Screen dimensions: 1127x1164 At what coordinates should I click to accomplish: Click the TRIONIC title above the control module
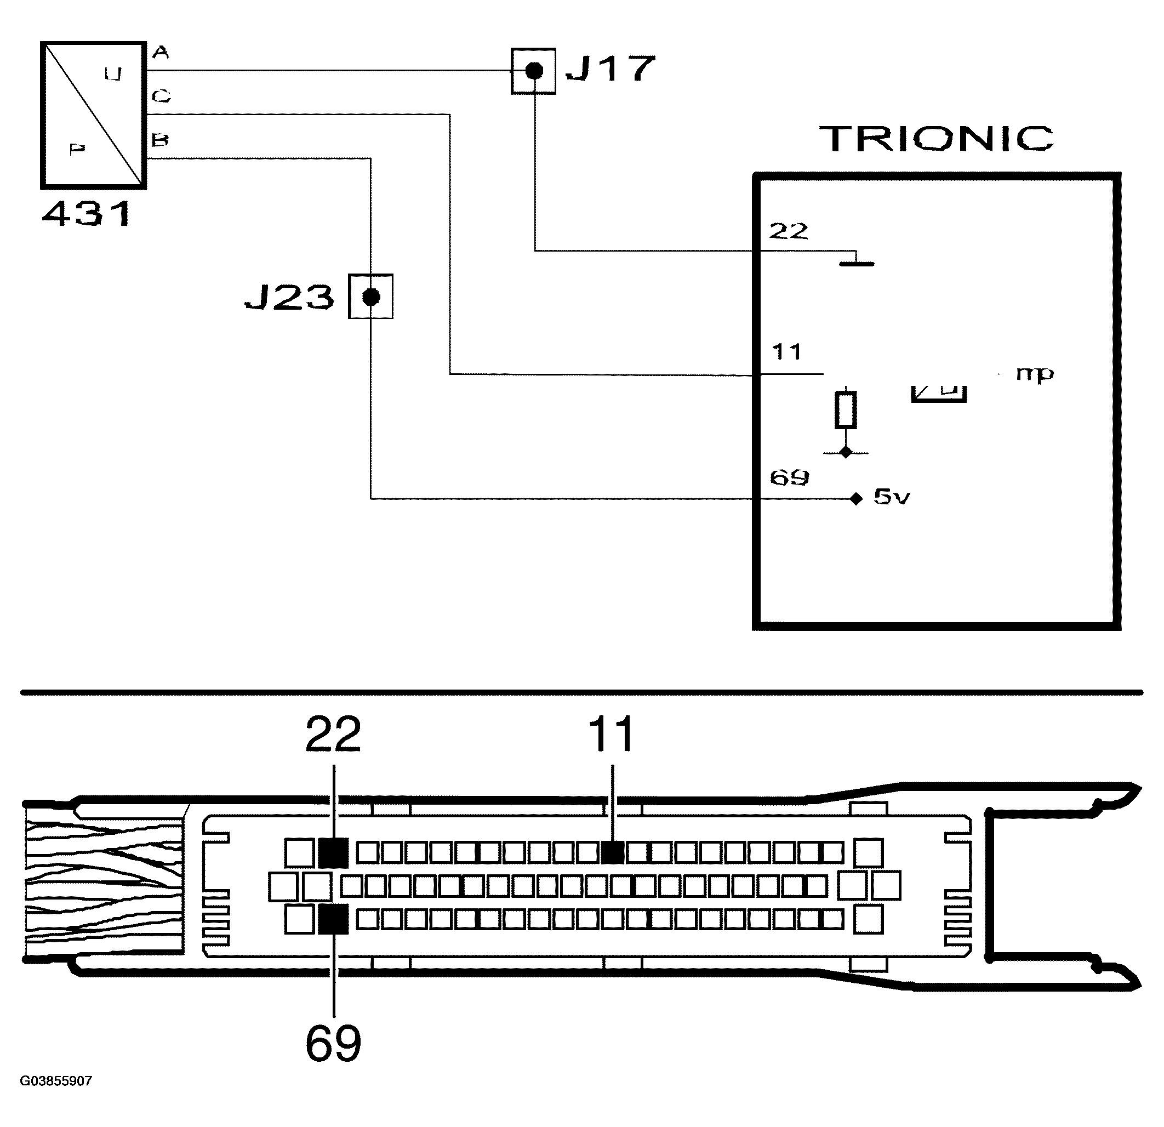tap(937, 139)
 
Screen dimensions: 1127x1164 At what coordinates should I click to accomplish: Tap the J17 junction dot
tap(534, 71)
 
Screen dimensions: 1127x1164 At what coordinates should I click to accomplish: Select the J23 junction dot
tap(370, 297)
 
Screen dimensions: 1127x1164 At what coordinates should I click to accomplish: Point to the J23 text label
tap(290, 297)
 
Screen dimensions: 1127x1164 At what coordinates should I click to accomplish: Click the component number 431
tap(87, 214)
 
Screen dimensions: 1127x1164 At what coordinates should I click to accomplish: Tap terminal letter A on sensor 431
tap(161, 53)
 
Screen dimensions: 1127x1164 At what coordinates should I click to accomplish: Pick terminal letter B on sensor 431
tap(160, 140)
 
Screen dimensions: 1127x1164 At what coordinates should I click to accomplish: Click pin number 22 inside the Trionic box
tap(789, 231)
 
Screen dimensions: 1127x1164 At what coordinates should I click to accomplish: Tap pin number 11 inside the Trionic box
tap(787, 352)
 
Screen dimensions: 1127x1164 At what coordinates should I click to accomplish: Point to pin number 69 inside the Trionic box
tap(789, 477)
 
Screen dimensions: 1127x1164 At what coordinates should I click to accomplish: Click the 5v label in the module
tap(892, 497)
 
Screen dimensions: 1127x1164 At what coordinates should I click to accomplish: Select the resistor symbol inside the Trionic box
tap(845, 410)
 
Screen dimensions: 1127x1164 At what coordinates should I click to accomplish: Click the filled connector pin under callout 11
tap(612, 852)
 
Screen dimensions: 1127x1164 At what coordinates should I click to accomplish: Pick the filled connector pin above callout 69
tap(333, 920)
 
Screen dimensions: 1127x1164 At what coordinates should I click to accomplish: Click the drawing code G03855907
tap(56, 1080)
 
